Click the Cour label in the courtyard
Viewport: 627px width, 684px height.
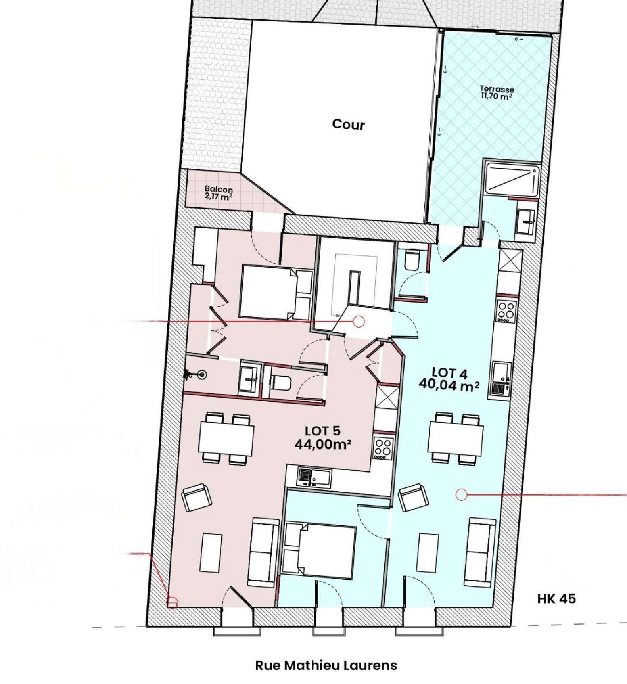[348, 125]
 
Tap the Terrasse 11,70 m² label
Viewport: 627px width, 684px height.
[497, 92]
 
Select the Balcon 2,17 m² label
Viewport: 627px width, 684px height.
[219, 193]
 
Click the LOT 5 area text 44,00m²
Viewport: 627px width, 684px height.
[322, 444]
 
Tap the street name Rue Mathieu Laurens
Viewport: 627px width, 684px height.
[326, 665]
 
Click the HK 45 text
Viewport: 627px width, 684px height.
[556, 599]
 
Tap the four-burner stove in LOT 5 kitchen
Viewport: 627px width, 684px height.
[382, 448]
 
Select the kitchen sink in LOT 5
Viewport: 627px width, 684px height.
[313, 477]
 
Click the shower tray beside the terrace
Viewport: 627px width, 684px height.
[512, 180]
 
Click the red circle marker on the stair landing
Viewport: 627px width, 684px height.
[358, 321]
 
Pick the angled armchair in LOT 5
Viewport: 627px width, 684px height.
[197, 497]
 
